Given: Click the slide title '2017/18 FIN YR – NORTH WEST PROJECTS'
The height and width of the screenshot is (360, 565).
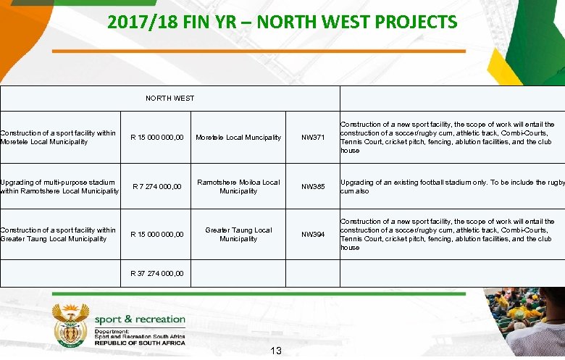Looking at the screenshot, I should tap(282, 22).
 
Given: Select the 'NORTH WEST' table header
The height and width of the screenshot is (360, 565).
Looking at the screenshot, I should tap(169, 98).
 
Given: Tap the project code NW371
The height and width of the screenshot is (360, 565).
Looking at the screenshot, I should tap(313, 138).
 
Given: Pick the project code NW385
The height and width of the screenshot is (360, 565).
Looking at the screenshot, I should tap(313, 187).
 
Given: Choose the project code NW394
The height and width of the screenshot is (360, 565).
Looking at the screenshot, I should tap(313, 235).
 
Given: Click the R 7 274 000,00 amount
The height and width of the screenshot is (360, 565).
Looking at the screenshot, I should tap(157, 187).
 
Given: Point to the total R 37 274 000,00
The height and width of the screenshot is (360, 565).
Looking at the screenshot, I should tap(157, 274).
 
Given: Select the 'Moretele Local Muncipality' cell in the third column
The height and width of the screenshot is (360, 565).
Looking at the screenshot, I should tap(238, 138).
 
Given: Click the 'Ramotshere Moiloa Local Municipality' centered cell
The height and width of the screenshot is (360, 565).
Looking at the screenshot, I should tap(238, 187).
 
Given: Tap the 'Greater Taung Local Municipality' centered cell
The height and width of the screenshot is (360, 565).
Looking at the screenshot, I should tap(238, 235).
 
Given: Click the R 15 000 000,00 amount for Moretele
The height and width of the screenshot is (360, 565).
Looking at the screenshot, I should tap(157, 138).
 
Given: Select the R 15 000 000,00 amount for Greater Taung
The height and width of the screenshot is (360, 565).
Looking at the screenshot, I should tap(157, 235).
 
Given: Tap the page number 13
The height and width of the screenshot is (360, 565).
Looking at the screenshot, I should tap(275, 351).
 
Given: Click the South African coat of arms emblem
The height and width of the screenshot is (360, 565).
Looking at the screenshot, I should tap(70, 325).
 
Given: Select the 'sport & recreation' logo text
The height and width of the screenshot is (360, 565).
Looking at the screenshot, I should tap(140, 319).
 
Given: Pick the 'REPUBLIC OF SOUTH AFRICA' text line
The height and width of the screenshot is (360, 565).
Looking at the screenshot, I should tap(140, 342).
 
